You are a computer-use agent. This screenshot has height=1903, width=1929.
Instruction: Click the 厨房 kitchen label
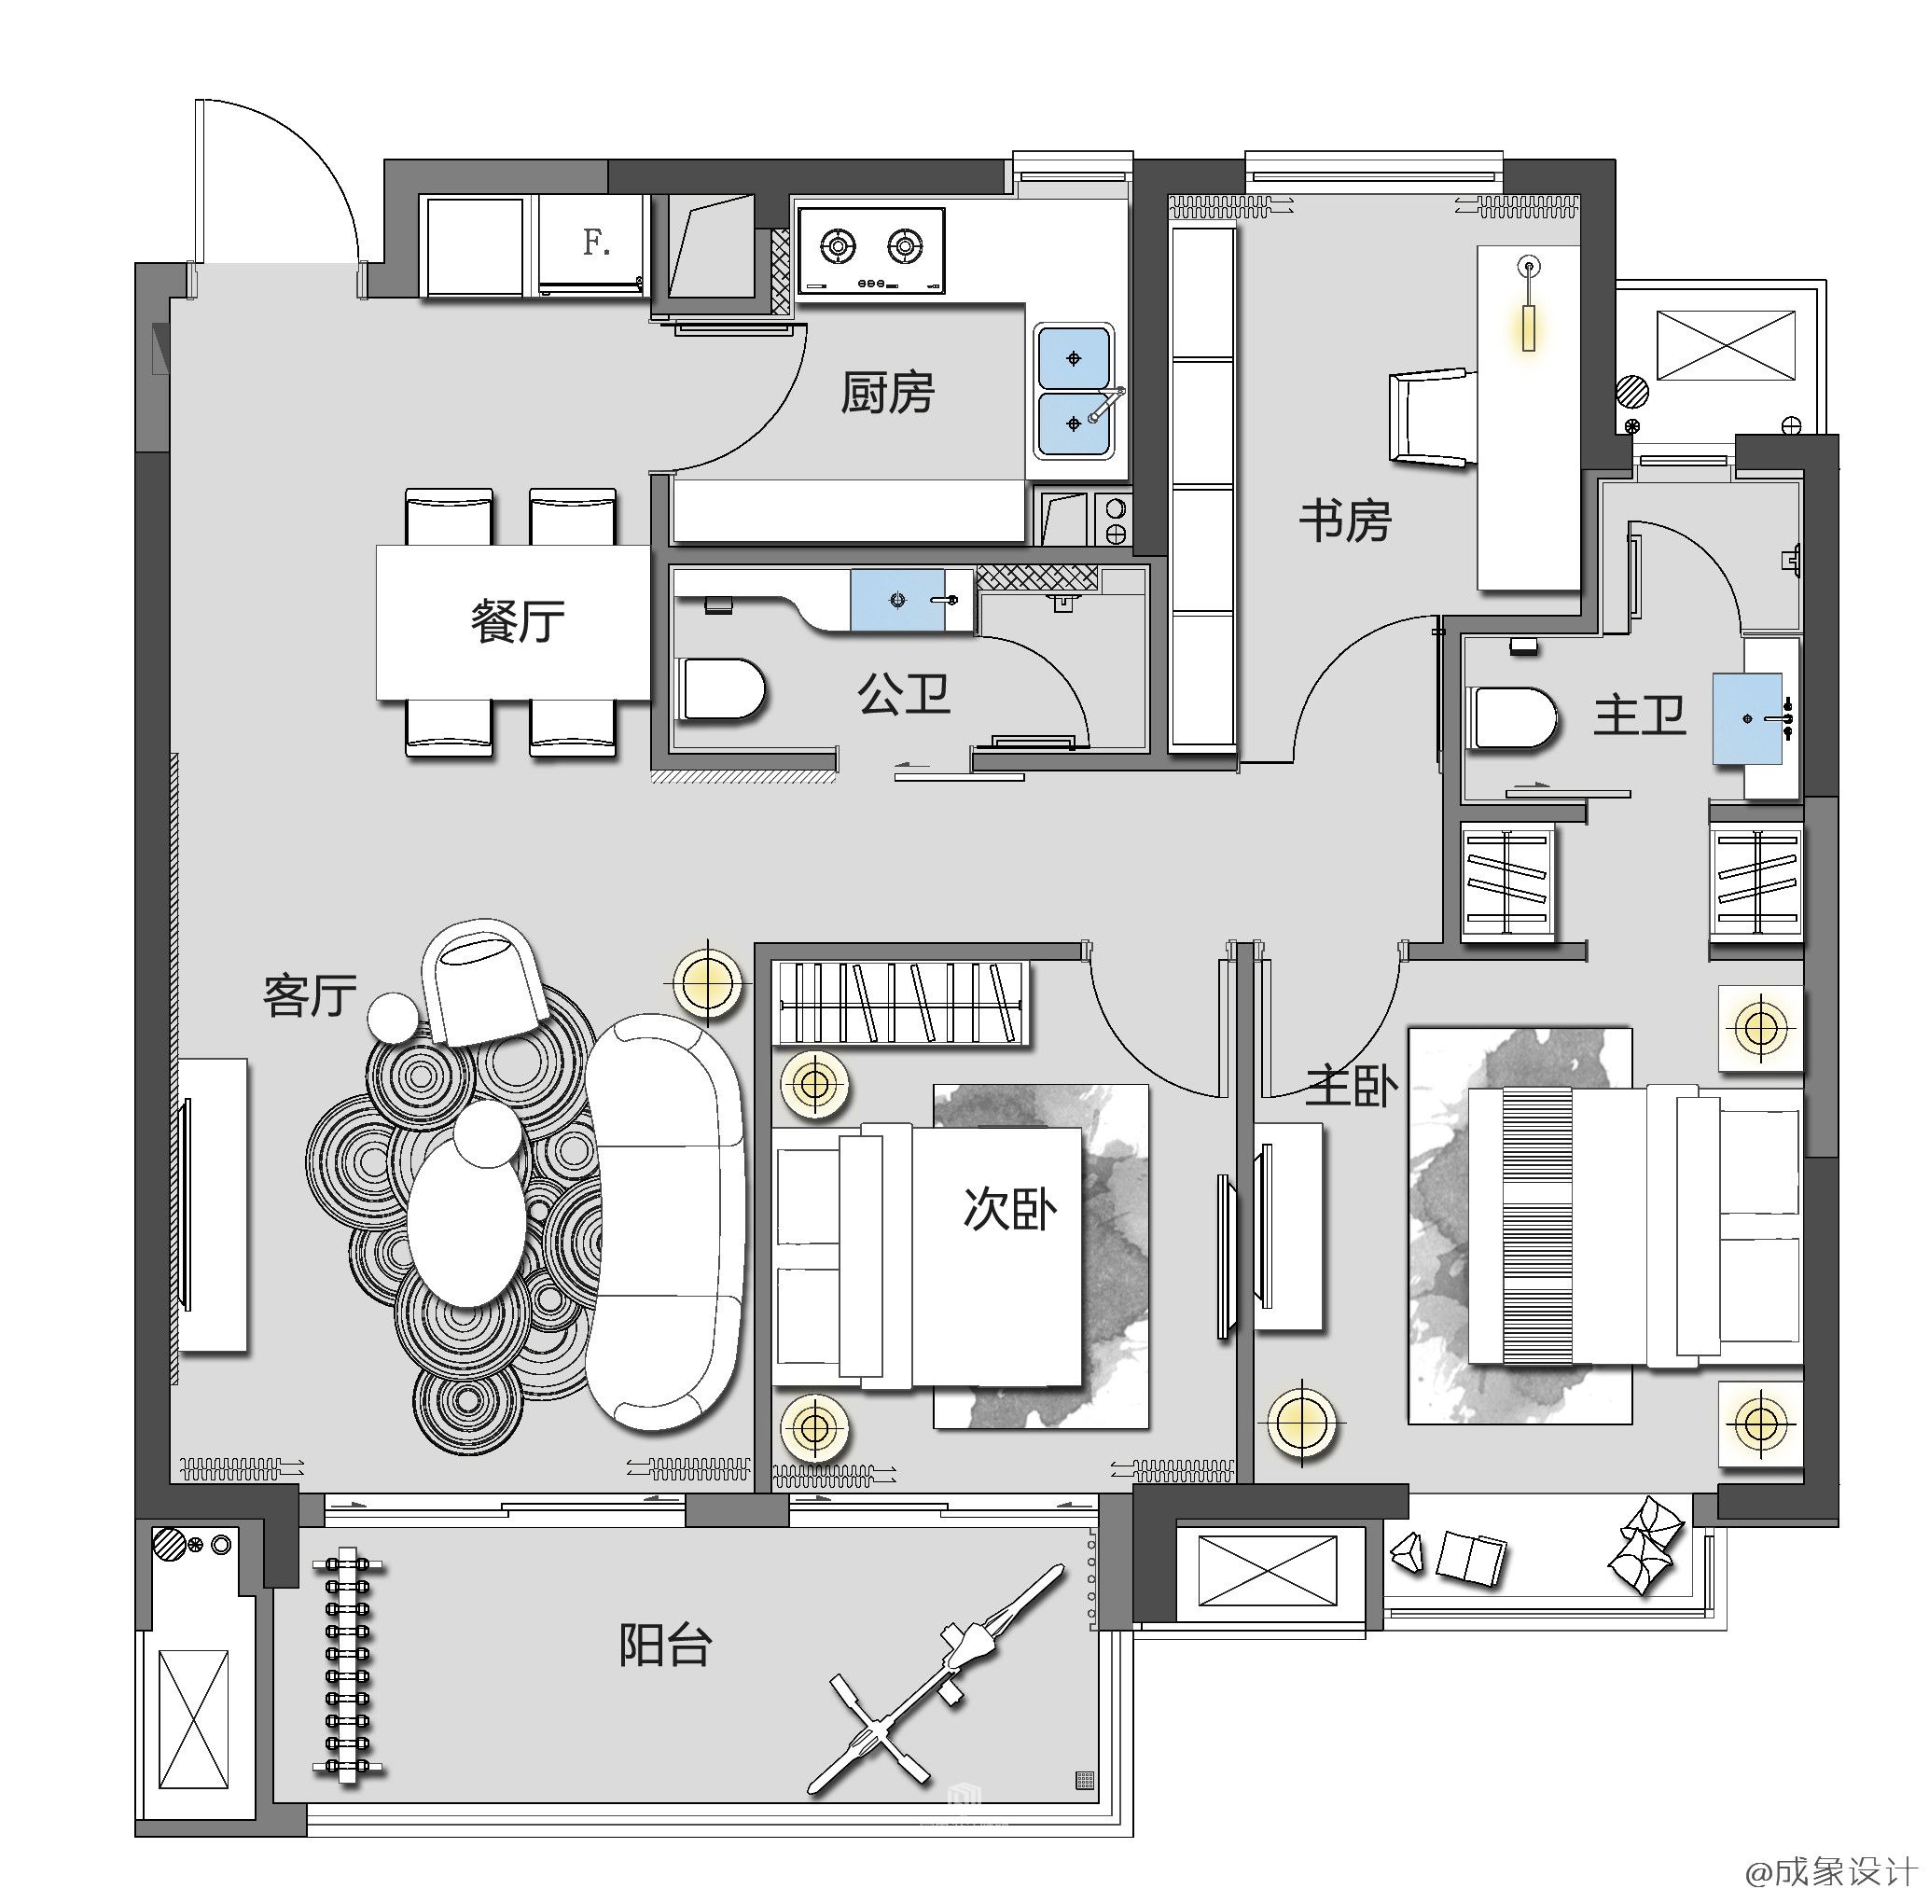pos(888,393)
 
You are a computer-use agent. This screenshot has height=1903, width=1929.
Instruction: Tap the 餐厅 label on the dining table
pos(517,620)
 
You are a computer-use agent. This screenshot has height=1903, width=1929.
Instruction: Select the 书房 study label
pos(1345,521)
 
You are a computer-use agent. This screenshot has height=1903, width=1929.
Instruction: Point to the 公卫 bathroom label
pos(904,694)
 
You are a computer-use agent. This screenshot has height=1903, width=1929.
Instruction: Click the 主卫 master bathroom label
pos(1639,715)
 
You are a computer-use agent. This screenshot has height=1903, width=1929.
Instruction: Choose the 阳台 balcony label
pos(665,1645)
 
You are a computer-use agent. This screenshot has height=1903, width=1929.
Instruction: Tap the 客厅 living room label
pos(310,995)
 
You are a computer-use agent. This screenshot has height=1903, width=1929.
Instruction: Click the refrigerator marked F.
pos(591,244)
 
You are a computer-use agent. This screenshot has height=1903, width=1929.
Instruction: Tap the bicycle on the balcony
pos(937,1677)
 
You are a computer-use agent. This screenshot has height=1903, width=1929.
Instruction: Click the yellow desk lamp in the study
pos(1528,304)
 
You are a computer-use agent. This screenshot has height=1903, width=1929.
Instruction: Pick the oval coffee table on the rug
pos(466,1222)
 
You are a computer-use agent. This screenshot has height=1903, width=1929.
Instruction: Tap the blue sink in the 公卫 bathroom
pos(897,600)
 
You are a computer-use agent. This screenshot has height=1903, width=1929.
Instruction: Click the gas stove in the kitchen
pos(871,251)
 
